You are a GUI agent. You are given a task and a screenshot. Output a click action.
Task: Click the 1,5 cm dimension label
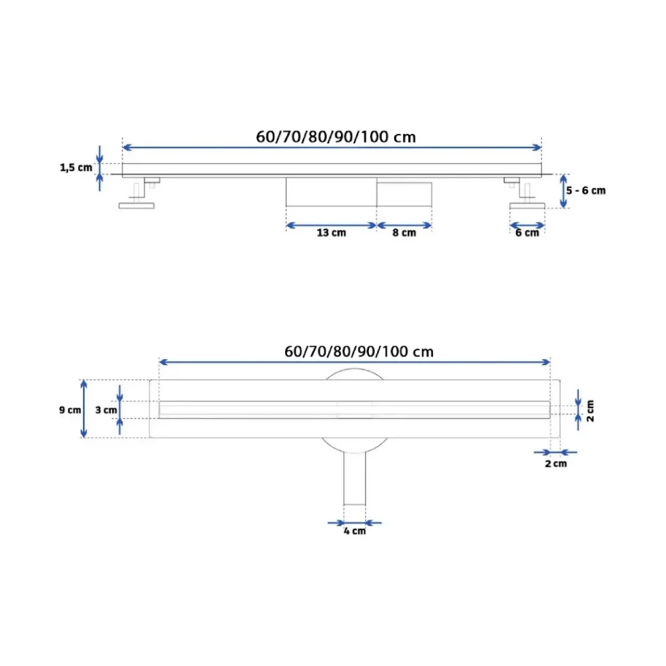tap(76, 167)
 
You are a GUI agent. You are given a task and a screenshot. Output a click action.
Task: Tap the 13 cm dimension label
tap(331, 232)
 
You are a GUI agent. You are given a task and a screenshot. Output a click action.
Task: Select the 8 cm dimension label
tap(404, 232)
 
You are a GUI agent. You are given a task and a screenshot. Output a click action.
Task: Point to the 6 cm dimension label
tap(527, 232)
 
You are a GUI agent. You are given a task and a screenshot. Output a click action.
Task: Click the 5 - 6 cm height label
tap(585, 190)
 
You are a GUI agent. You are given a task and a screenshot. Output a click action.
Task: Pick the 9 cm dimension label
tap(70, 410)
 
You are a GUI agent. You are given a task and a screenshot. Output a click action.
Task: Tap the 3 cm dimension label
tap(106, 410)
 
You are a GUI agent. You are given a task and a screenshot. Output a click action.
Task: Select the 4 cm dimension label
tap(355, 531)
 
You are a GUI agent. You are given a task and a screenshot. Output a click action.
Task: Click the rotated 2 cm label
tap(590, 411)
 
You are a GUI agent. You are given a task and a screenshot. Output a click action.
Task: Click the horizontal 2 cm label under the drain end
tap(555, 464)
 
